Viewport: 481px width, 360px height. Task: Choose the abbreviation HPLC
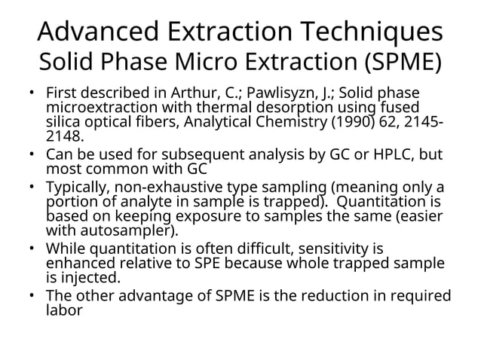tap(384, 154)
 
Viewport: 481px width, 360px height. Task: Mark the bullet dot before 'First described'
tap(33, 94)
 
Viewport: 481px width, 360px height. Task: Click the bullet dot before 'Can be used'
tap(33, 155)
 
